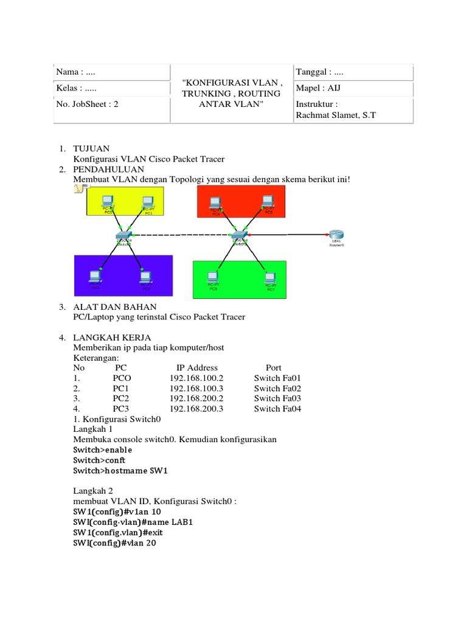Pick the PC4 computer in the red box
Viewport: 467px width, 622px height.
(x=217, y=202)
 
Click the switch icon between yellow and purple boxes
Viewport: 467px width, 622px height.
(x=124, y=234)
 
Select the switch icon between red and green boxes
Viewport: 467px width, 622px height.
(x=238, y=234)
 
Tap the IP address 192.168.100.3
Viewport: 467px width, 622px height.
(x=197, y=388)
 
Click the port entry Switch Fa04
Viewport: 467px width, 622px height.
(x=278, y=409)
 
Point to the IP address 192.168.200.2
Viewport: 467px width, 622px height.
(x=197, y=398)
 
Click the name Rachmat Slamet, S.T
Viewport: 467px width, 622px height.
(x=336, y=115)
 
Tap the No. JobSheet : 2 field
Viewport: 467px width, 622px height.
(x=87, y=104)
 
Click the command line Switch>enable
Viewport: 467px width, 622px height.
(x=102, y=450)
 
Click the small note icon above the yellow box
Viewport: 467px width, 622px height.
(x=78, y=191)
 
